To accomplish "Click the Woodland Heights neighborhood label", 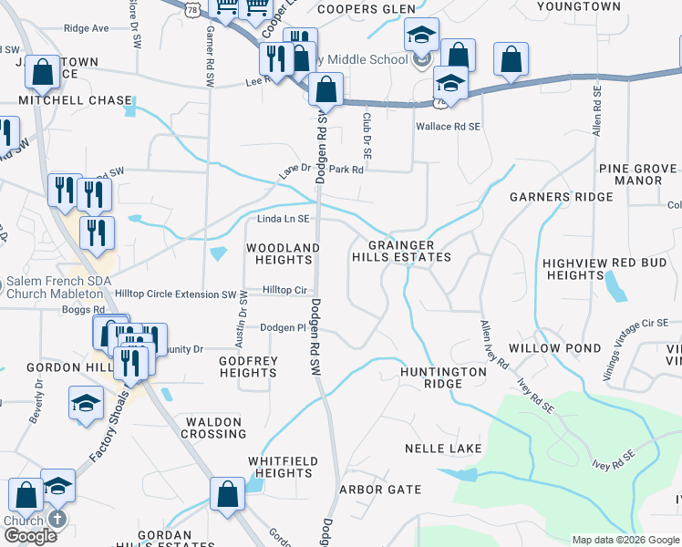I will pyautogui.click(x=283, y=253).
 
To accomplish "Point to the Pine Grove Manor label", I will pyautogui.click(x=637, y=174).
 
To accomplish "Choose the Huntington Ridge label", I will pyautogui.click(x=443, y=377).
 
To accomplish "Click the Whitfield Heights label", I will pyautogui.click(x=281, y=467).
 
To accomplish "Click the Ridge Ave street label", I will pyautogui.click(x=87, y=28).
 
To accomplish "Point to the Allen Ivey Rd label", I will pyautogui.click(x=495, y=344).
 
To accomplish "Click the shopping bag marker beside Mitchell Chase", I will pyautogui.click(x=42, y=70).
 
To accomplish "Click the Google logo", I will pyautogui.click(x=29, y=535).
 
